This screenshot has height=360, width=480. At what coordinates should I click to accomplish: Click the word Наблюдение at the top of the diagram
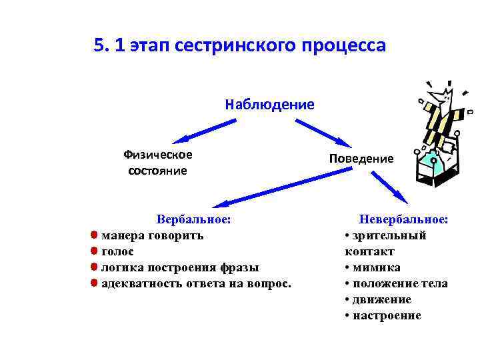(269, 104)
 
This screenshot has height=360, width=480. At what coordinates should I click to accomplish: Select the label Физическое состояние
(158, 162)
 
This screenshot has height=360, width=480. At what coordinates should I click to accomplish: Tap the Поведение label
(361, 159)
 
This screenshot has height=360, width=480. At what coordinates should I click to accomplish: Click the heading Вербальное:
(193, 219)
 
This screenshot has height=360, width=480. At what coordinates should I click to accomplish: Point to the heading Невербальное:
(403, 219)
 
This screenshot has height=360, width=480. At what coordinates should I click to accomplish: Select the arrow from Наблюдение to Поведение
(323, 133)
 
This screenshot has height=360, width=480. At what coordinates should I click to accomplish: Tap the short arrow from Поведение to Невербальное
(390, 187)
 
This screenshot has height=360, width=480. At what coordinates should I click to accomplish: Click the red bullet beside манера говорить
(95, 235)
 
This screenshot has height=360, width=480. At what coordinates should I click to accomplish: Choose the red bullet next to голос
(95, 251)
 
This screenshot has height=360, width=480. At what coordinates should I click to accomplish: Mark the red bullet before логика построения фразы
(95, 267)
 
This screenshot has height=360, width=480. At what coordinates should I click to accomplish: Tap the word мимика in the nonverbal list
(377, 267)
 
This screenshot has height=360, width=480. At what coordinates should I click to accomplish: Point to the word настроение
(387, 315)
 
